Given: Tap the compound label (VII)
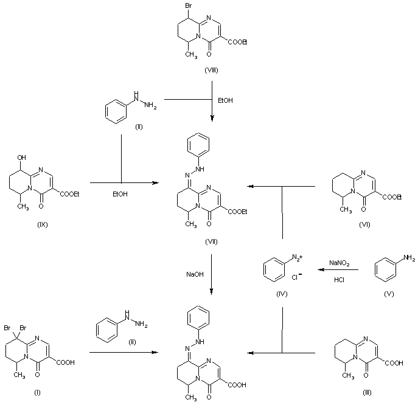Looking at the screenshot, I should (211, 241).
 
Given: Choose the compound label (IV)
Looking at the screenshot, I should (280, 294).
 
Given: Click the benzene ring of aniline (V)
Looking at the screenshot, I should (385, 268).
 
